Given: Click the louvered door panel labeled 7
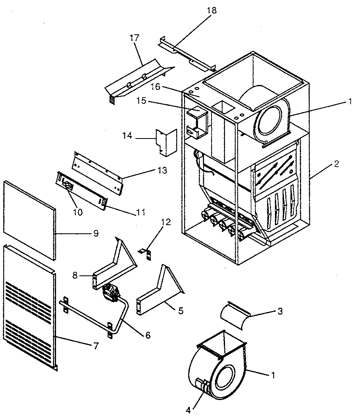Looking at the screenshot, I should [29, 306].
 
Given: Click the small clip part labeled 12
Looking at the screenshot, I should [146, 254].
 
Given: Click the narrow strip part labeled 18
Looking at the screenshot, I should [186, 53].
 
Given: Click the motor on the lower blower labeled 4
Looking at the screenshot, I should [201, 386].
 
